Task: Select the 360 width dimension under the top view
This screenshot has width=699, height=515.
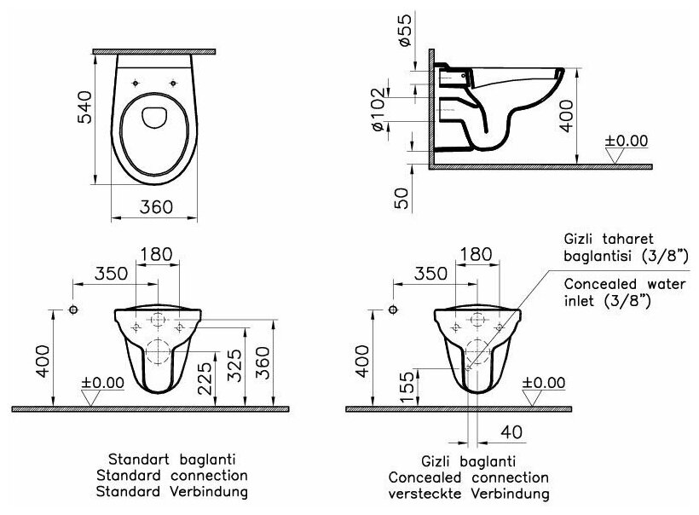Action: pyautogui.click(x=156, y=207)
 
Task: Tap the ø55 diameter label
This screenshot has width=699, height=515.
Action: pyautogui.click(x=404, y=28)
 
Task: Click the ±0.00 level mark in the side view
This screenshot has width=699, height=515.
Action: pyautogui.click(x=626, y=141)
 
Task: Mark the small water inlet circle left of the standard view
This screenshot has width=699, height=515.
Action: pyautogui.click(x=73, y=309)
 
